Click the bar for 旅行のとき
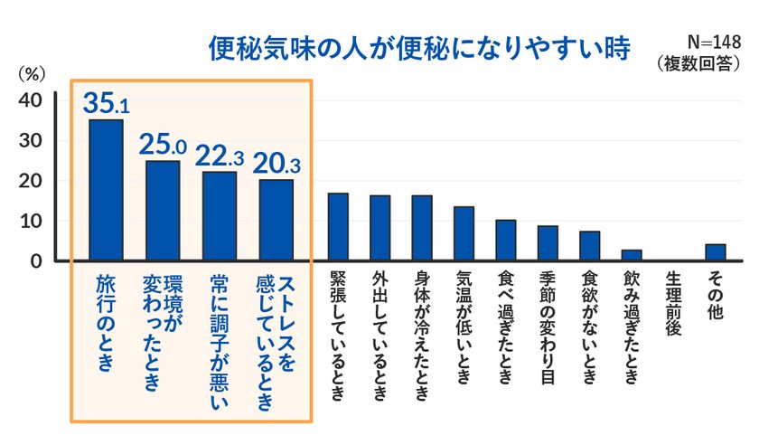click(106, 190)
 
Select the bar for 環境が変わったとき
click(163, 211)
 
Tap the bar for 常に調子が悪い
click(220, 216)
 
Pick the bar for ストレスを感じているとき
click(276, 220)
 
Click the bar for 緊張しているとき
click(338, 227)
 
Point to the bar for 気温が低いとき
click(464, 233)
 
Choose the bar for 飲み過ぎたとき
click(632, 255)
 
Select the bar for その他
click(716, 252)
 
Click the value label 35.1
click(106, 103)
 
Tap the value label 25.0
click(163, 144)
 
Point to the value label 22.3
click(220, 156)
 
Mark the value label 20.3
click(276, 163)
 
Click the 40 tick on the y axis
click(30, 100)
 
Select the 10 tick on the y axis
click(30, 221)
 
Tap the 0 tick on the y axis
click(36, 261)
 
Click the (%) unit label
click(32, 74)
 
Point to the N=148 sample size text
click(714, 43)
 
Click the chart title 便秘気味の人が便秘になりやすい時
click(419, 49)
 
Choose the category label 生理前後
click(673, 304)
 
